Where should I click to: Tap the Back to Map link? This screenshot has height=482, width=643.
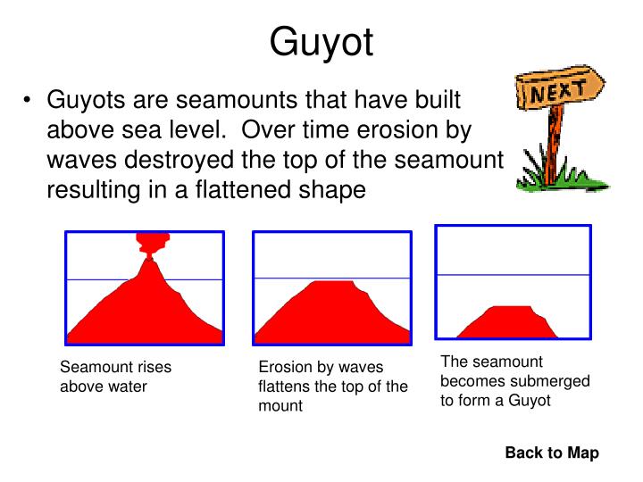[x=551, y=453]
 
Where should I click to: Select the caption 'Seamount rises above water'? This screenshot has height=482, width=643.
[x=115, y=377]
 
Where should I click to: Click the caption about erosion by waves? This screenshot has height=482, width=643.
[x=332, y=386]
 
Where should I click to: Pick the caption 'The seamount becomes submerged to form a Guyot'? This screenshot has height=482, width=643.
[x=515, y=381]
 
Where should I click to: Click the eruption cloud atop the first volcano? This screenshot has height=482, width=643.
[x=153, y=242]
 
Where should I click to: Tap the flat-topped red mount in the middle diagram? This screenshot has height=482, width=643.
[x=331, y=312]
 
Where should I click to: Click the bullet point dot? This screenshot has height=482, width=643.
[x=29, y=101]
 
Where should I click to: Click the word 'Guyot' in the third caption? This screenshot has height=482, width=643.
[x=530, y=401]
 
